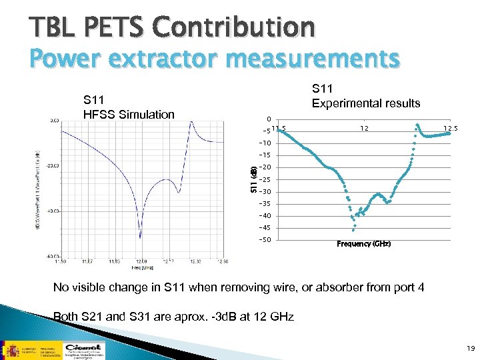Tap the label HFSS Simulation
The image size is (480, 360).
(x=129, y=114)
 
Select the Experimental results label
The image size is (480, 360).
(x=366, y=103)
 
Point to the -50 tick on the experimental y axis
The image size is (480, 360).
(x=265, y=240)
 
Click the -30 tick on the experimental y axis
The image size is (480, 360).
(x=265, y=192)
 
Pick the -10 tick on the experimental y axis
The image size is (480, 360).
(x=265, y=143)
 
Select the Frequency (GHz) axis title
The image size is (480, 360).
(x=364, y=244)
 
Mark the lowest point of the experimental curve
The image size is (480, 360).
(x=353, y=229)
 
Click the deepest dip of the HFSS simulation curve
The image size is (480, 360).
(x=140, y=237)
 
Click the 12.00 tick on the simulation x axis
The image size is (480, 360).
(x=140, y=261)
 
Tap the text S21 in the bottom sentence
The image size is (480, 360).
(x=93, y=317)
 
